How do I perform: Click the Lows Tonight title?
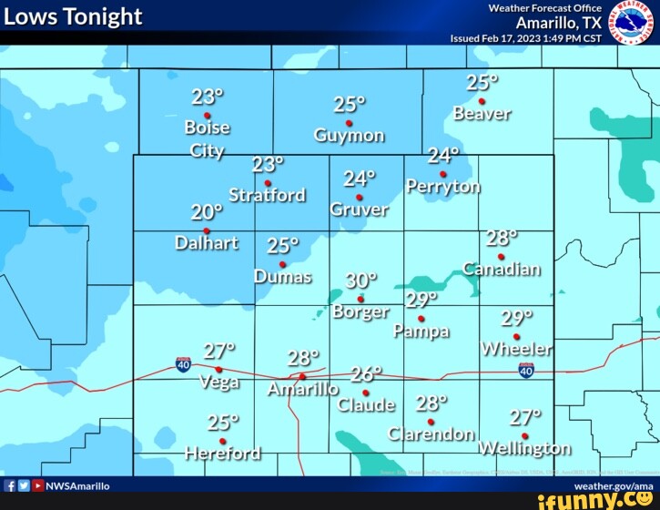(74, 16)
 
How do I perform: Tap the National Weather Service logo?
(624, 21)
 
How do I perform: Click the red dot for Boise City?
(208, 116)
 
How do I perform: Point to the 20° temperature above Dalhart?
(206, 212)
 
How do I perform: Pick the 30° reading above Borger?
(360, 280)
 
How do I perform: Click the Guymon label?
(349, 136)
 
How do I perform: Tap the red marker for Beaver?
(482, 101)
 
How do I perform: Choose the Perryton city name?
(443, 187)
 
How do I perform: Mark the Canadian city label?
(502, 269)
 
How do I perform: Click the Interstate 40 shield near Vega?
(184, 364)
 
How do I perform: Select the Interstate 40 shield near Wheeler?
(526, 370)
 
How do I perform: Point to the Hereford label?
(222, 453)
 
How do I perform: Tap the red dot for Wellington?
(524, 435)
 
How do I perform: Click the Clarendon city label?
(431, 433)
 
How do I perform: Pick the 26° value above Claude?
(367, 374)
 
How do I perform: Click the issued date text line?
(526, 38)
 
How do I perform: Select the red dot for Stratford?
(268, 183)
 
